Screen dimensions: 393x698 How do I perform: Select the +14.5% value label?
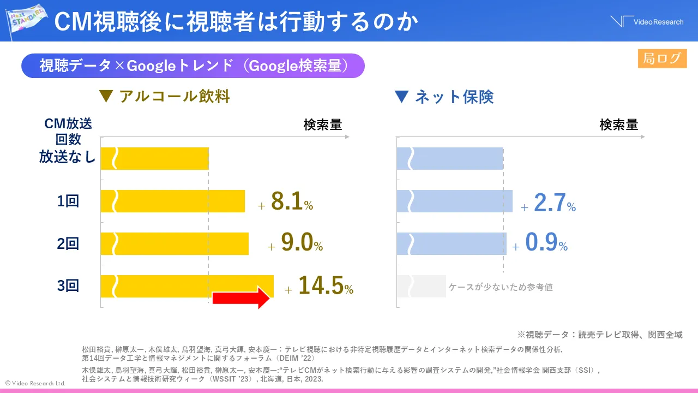click(x=319, y=287)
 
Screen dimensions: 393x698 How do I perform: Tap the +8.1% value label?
click(x=286, y=202)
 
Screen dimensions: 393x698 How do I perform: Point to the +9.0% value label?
click(x=296, y=244)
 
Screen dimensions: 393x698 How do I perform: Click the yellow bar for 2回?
click(x=174, y=243)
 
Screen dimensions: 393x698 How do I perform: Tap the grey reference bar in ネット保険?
click(x=421, y=287)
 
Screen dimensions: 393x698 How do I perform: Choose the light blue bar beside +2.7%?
click(x=454, y=201)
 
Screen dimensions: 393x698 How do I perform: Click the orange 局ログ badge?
click(x=662, y=58)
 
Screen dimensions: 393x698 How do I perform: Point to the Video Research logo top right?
click(x=647, y=22)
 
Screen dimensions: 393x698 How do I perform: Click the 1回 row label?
click(x=68, y=201)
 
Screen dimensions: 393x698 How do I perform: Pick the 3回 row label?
click(x=68, y=286)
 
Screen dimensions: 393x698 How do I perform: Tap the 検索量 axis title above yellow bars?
click(x=323, y=125)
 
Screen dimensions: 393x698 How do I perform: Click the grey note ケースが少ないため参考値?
click(x=501, y=287)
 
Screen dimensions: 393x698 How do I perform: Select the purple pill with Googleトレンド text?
click(x=192, y=65)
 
